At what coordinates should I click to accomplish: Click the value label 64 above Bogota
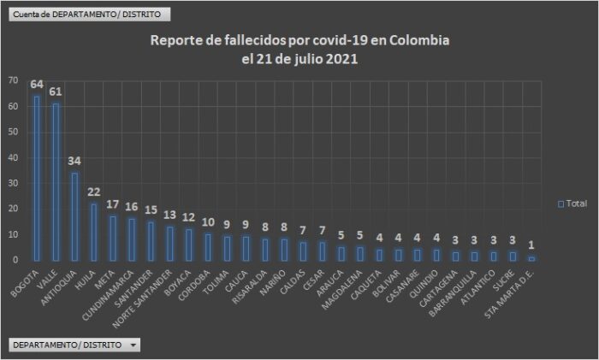pos(37,85)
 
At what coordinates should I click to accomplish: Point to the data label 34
pos(75,162)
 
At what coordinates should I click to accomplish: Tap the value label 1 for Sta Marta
pos(531,246)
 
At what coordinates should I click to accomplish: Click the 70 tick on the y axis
pos(12,80)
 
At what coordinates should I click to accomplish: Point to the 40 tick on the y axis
pos(12,157)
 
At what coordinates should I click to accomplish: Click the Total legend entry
pos(572,204)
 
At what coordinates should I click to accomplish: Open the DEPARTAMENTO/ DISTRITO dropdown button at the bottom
pos(74,345)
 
